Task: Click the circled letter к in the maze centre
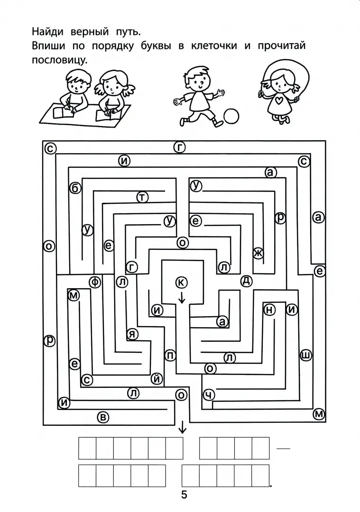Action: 181,283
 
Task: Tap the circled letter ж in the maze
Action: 258,253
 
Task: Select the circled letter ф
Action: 95,282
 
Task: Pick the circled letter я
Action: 132,334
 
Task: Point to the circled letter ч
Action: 209,395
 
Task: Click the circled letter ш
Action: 306,355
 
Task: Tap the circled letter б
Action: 75,188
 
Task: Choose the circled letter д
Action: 246,281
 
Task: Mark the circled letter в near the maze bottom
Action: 103,417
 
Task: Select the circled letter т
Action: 142,197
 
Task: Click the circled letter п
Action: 170,355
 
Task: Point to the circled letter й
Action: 157,379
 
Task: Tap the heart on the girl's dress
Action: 278,101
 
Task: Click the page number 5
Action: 184,495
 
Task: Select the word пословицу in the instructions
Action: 60,60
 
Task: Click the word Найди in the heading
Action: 47,32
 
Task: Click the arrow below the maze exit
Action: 183,428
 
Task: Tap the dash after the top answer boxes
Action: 283,448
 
